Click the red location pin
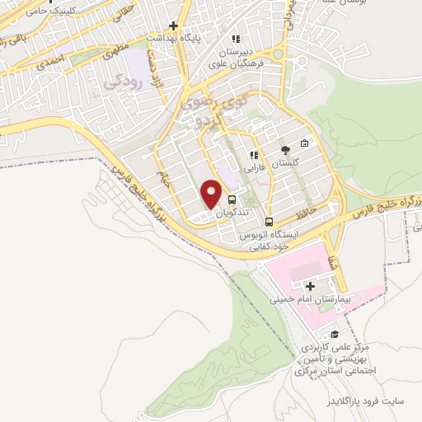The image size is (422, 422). pos(212,194)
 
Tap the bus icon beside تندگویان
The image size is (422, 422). pos(232,199)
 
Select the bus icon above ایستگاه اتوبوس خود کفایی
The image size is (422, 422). pos(269,221)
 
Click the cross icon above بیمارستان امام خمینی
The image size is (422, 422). pos(310,285)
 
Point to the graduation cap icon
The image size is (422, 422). pos(335,334)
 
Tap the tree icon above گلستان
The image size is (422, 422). pos(285,150)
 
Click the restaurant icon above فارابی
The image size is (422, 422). pos(255,154)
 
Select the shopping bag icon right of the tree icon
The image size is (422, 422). pos(305,143)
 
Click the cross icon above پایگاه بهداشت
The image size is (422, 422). pos(173,26)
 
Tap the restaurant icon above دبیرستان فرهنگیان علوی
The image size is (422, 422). pos(236,38)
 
